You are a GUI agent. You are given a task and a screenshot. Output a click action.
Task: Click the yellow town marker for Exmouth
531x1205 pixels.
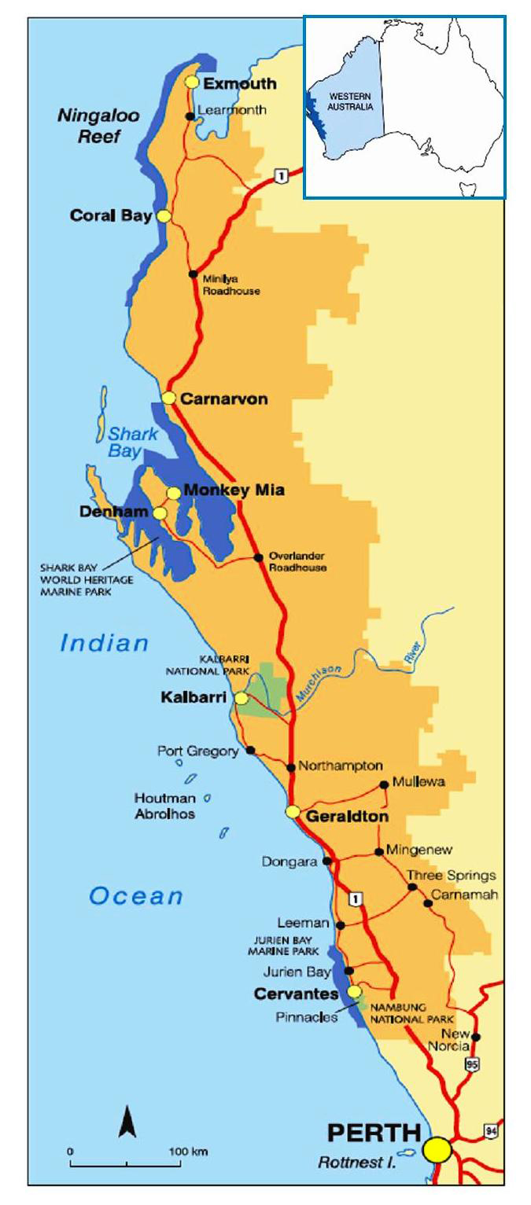point(191,83)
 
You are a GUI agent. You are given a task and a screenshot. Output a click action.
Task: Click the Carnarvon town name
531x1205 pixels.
point(224,399)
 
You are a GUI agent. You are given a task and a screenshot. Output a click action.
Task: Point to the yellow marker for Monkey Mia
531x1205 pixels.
point(173,493)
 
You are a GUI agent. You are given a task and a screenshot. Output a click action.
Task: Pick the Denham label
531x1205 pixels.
point(114,512)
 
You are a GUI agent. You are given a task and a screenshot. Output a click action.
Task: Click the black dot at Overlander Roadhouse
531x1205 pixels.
point(258,558)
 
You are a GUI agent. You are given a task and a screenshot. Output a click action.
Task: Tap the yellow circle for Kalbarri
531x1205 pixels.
point(242,698)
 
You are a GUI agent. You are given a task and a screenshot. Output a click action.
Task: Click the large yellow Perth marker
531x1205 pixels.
point(437,1148)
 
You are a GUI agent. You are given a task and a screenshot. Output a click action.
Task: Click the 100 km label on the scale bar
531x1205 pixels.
point(189,1152)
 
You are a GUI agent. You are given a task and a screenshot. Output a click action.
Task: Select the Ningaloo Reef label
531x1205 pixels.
point(98,127)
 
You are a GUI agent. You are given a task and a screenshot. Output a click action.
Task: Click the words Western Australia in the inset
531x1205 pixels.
point(351,101)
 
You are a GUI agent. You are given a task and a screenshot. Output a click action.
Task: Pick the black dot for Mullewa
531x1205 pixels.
point(383,784)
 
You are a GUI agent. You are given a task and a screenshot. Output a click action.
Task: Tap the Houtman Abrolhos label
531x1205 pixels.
point(164,806)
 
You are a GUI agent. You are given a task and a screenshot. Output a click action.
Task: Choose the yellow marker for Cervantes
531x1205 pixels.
point(355,991)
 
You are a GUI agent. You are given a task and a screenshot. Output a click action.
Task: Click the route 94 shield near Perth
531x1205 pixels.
point(490,1130)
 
